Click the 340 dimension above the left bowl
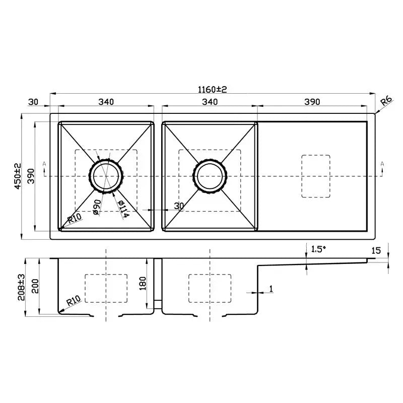click(x=106, y=102)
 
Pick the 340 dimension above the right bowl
click(x=210, y=102)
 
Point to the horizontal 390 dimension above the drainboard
click(x=312, y=102)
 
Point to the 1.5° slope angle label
click(x=319, y=249)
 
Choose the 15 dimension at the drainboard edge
click(x=376, y=250)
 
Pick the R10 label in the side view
click(x=74, y=301)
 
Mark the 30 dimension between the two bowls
click(x=178, y=206)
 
